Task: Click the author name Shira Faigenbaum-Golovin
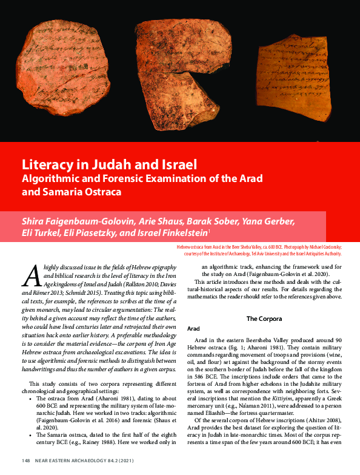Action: (x=76, y=220)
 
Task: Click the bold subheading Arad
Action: (x=194, y=328)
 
